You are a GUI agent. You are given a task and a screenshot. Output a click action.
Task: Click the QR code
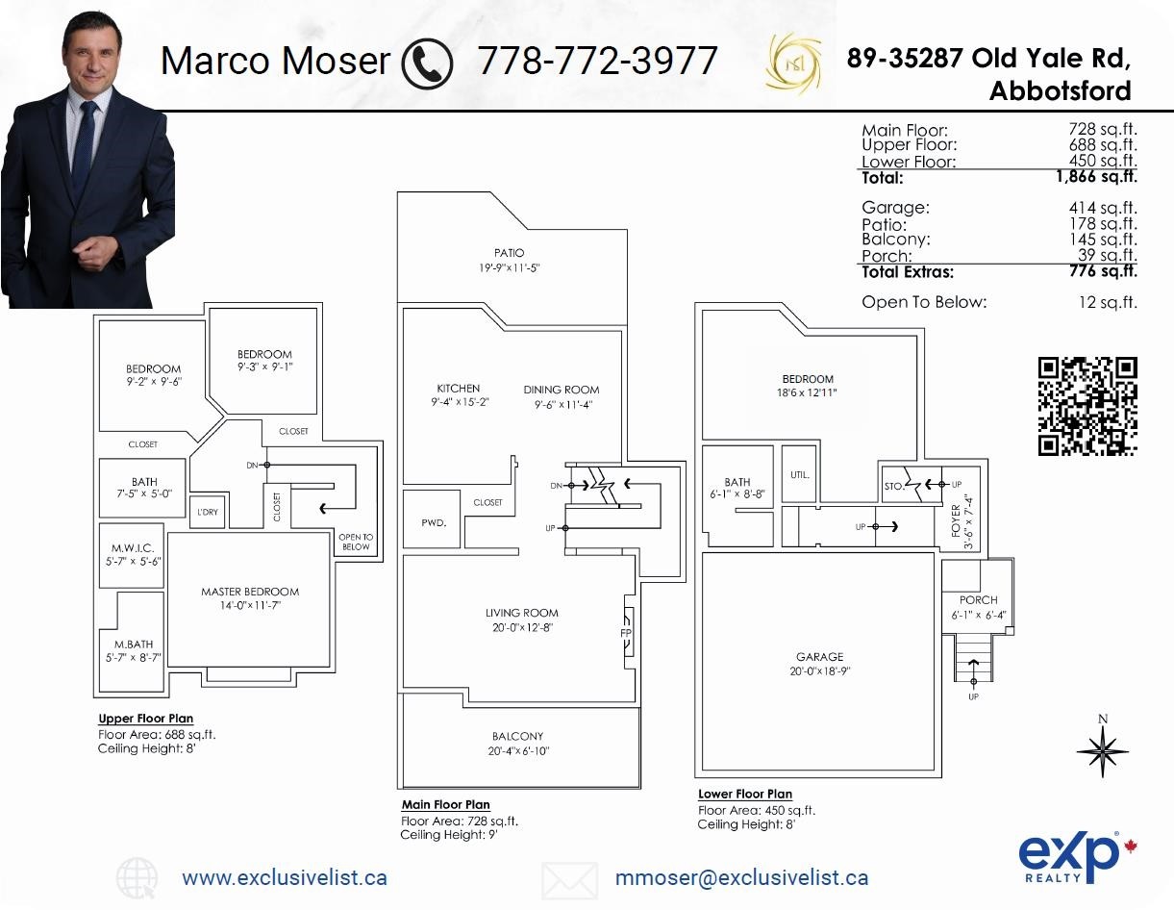click(1087, 406)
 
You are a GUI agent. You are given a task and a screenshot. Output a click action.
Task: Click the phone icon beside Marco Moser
click(426, 61)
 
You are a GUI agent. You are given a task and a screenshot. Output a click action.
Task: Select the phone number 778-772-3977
click(597, 61)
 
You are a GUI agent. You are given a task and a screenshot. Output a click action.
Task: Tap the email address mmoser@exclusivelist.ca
click(741, 877)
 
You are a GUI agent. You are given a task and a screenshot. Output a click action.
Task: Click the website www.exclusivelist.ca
click(285, 877)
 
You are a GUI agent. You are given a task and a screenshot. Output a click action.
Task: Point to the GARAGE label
click(819, 657)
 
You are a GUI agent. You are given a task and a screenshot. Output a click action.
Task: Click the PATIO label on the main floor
click(510, 253)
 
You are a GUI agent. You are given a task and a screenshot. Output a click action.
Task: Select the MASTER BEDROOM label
click(250, 592)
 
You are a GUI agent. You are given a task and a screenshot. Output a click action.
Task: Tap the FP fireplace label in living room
click(625, 633)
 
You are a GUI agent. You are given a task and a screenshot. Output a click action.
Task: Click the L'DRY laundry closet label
click(207, 512)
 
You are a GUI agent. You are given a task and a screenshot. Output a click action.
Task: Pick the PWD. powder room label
click(433, 522)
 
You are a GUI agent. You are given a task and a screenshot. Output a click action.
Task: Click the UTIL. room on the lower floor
click(800, 475)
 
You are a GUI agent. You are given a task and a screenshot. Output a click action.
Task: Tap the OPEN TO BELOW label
click(356, 542)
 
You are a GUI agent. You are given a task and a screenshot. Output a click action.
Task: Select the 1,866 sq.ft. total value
click(1096, 177)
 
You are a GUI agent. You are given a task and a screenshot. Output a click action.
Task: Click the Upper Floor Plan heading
click(145, 719)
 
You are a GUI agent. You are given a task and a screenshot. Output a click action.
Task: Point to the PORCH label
click(978, 599)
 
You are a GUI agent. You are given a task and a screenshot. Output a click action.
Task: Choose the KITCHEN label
click(458, 389)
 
